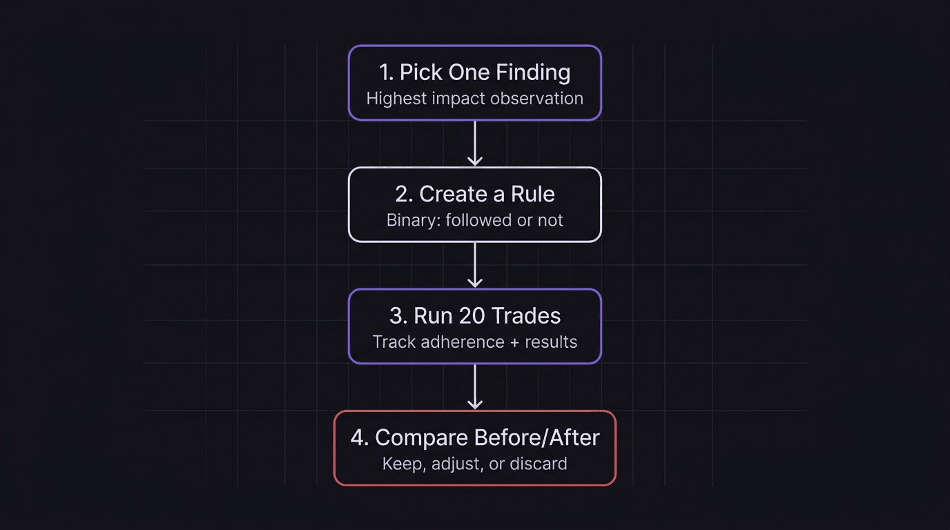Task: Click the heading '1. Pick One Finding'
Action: coord(474,72)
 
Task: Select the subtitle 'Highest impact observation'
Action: coord(474,99)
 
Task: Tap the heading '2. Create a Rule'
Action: coord(474,194)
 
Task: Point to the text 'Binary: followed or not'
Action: coord(474,221)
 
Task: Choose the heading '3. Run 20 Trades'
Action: coord(474,316)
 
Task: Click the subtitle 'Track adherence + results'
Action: coord(474,342)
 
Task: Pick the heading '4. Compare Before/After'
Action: coord(474,438)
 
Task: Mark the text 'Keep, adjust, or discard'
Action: coord(474,464)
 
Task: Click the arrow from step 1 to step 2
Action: coord(474,144)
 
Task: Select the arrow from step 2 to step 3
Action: coord(474,265)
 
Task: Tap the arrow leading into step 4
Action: coord(474,386)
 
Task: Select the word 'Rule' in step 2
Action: coord(533,194)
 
